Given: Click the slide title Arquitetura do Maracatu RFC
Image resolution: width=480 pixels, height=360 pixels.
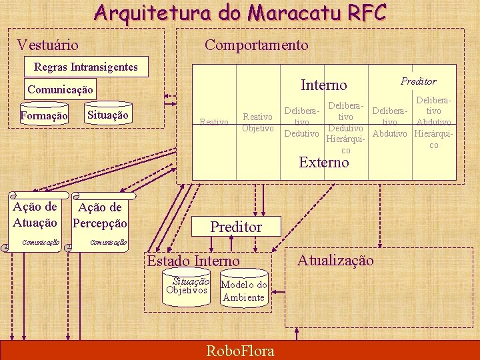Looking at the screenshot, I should tap(239, 13).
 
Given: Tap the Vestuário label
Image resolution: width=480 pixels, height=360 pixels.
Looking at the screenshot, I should tap(47, 45).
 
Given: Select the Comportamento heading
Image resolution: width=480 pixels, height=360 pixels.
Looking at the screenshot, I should tap(256, 45).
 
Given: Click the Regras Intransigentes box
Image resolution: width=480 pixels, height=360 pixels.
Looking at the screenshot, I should tap(85, 67).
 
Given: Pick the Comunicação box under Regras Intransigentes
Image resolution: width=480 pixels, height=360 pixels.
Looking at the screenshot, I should tap(61, 89).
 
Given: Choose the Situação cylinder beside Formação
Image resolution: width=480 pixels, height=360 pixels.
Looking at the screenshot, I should tap(107, 115).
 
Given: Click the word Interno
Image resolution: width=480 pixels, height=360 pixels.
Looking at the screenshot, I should tap(324, 85).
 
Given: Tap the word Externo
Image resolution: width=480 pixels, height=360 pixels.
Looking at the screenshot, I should tap(324, 163).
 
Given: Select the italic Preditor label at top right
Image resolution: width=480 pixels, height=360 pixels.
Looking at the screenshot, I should tap(418, 81).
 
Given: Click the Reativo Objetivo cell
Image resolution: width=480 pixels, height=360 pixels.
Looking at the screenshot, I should tap(257, 123).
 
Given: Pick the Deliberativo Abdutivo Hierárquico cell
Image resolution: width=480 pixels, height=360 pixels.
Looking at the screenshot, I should tap(433, 122).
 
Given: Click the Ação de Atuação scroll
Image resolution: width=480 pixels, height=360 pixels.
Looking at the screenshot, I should tap(35, 215).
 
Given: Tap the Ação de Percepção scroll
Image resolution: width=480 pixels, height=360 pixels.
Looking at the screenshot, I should tap(99, 215).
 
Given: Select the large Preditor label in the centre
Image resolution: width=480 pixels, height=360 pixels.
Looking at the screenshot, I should tap(236, 227).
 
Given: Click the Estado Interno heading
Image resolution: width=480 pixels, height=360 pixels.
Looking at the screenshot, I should tap(193, 261).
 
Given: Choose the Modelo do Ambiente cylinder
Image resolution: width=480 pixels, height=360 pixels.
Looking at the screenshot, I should tap(243, 291).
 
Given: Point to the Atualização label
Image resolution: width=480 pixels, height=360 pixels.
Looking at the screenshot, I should tap(335, 260).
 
